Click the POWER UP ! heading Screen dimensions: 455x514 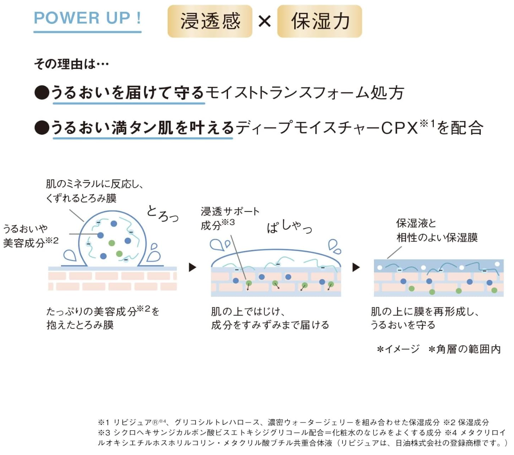click(87, 18)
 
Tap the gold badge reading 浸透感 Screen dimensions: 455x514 click(210, 21)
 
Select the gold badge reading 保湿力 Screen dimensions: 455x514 click(320, 21)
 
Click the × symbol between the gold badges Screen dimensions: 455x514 click(264, 21)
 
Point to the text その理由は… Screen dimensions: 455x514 click(71, 64)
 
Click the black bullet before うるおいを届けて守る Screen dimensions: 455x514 click(42, 93)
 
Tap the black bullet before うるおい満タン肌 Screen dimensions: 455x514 click(42, 127)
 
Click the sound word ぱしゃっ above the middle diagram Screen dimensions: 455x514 click(289, 226)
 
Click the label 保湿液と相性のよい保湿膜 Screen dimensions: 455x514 click(437, 230)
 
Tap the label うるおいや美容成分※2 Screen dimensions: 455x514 click(31, 236)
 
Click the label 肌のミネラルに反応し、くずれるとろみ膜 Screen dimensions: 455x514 click(94, 191)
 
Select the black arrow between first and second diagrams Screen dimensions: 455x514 click(192, 267)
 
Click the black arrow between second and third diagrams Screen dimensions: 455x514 click(356, 267)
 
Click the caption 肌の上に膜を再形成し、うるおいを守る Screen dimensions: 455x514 click(424, 318)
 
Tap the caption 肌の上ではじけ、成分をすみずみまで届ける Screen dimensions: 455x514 click(270, 318)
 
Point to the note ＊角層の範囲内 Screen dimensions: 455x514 click(464, 349)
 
